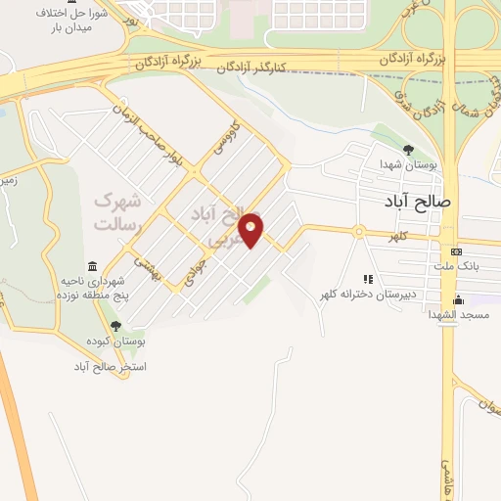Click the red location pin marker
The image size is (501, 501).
pyautogui.click(x=251, y=229)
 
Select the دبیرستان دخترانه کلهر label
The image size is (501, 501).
pyautogui.click(x=365, y=294)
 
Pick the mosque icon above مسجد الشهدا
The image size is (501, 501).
pyautogui.click(x=457, y=299)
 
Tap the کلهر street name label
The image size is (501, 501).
pyautogui.click(x=396, y=237)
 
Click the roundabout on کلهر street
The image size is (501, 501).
pyautogui.click(x=358, y=232)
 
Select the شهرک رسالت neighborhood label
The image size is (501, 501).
pyautogui.click(x=117, y=211)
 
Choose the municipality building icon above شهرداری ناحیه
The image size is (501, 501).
pyautogui.click(x=92, y=266)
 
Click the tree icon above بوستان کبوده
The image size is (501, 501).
pyautogui.click(x=115, y=326)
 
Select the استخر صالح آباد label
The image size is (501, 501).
pyautogui.click(x=109, y=366)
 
